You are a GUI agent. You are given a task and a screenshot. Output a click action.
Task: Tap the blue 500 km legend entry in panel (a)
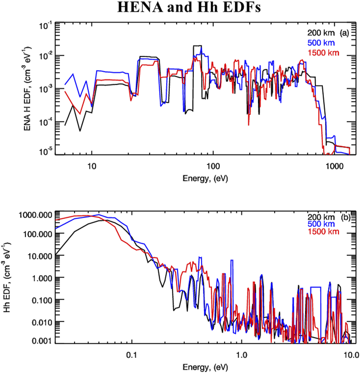coord(321,42)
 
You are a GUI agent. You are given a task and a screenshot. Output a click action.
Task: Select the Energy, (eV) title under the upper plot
coord(203,180)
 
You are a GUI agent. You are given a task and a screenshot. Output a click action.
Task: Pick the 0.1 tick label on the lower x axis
coord(132,352)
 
